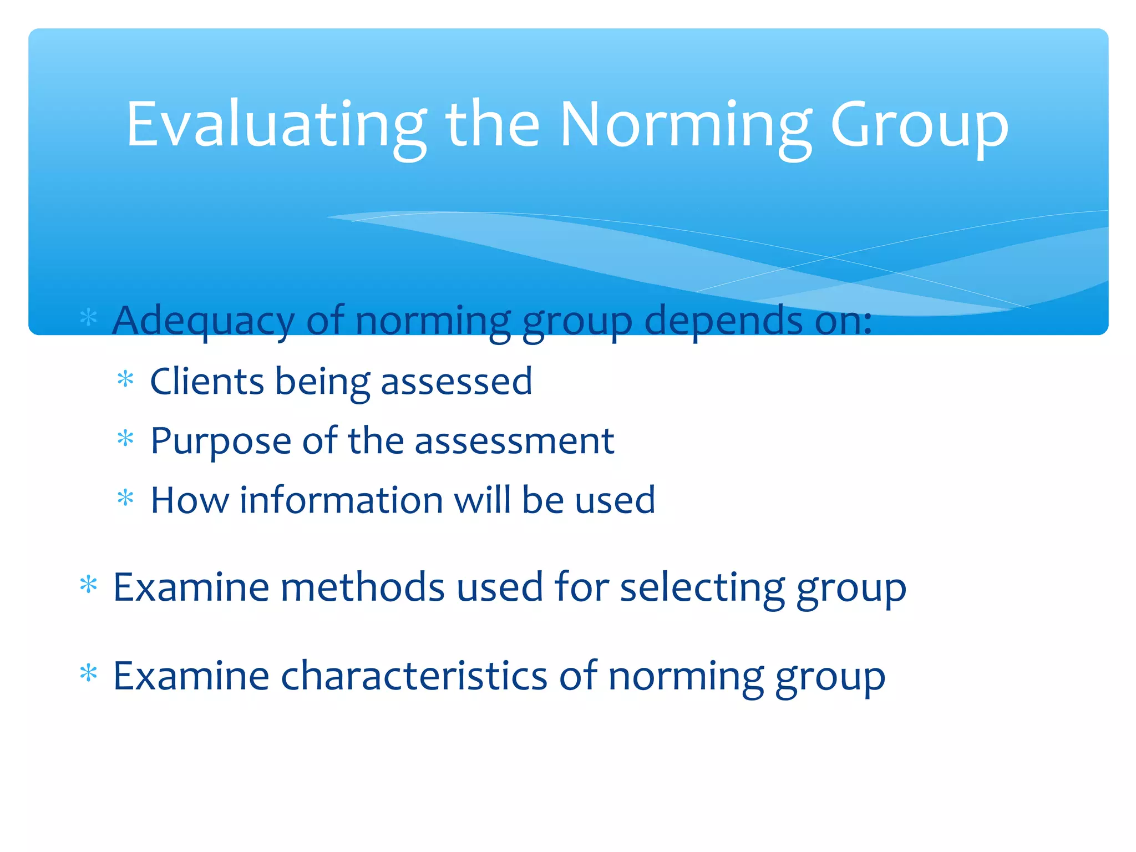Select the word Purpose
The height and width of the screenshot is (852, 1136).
[x=221, y=441]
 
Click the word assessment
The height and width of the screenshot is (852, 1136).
[x=514, y=441]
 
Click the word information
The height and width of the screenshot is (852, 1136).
[x=341, y=500]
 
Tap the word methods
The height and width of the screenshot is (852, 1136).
[x=362, y=587]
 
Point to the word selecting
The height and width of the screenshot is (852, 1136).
[x=702, y=587]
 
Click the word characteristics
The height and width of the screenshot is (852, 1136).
[x=414, y=676]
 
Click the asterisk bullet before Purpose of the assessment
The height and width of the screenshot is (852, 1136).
[x=126, y=439]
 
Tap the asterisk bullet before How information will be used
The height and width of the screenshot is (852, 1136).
[x=126, y=498]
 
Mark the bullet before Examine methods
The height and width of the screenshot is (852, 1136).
[x=89, y=585]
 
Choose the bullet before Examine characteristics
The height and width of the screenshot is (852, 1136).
[x=89, y=673]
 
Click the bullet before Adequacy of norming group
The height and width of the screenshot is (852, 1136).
[x=89, y=318]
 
